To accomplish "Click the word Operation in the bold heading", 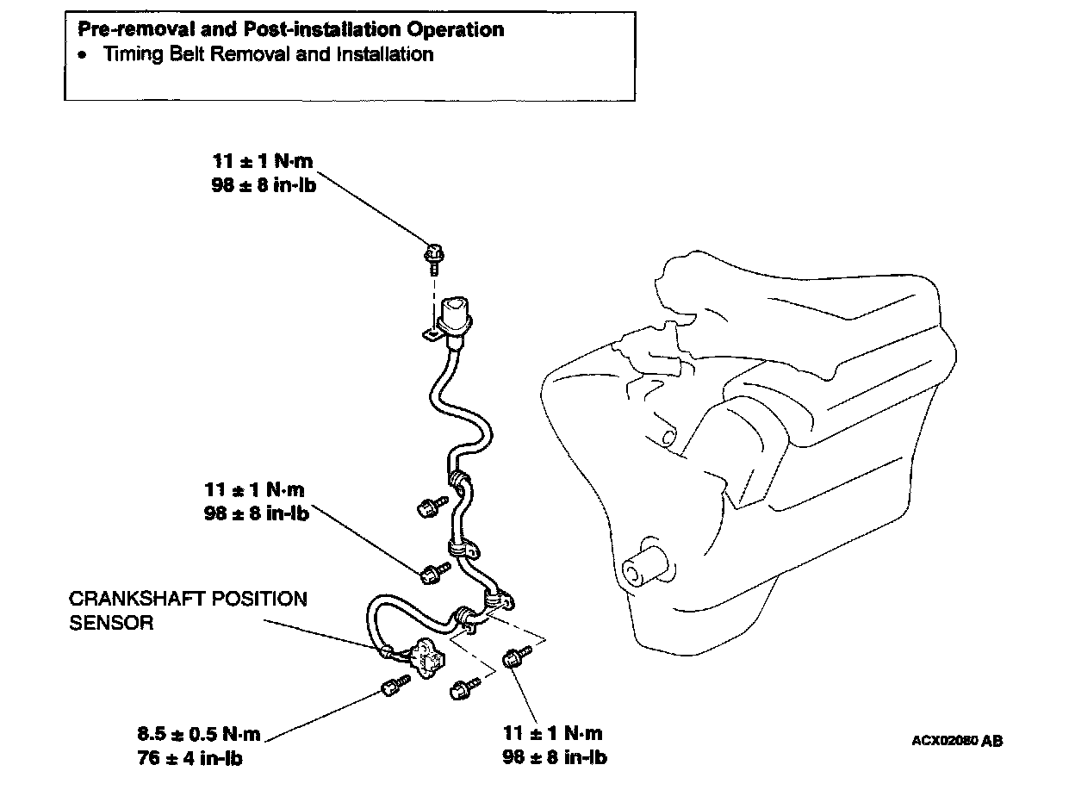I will (456, 30).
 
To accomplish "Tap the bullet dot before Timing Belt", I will (82, 55).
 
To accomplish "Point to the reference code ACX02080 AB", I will (957, 741).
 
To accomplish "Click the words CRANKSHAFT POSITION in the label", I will (188, 599).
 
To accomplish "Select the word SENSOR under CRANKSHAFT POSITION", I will (111, 623).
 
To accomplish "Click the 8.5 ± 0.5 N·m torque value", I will (198, 735).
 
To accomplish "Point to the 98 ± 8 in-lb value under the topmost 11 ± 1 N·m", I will (264, 184).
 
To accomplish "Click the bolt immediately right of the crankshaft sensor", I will (463, 687).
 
